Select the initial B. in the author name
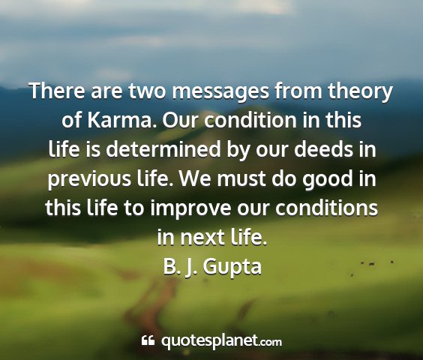tap(170, 263)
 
